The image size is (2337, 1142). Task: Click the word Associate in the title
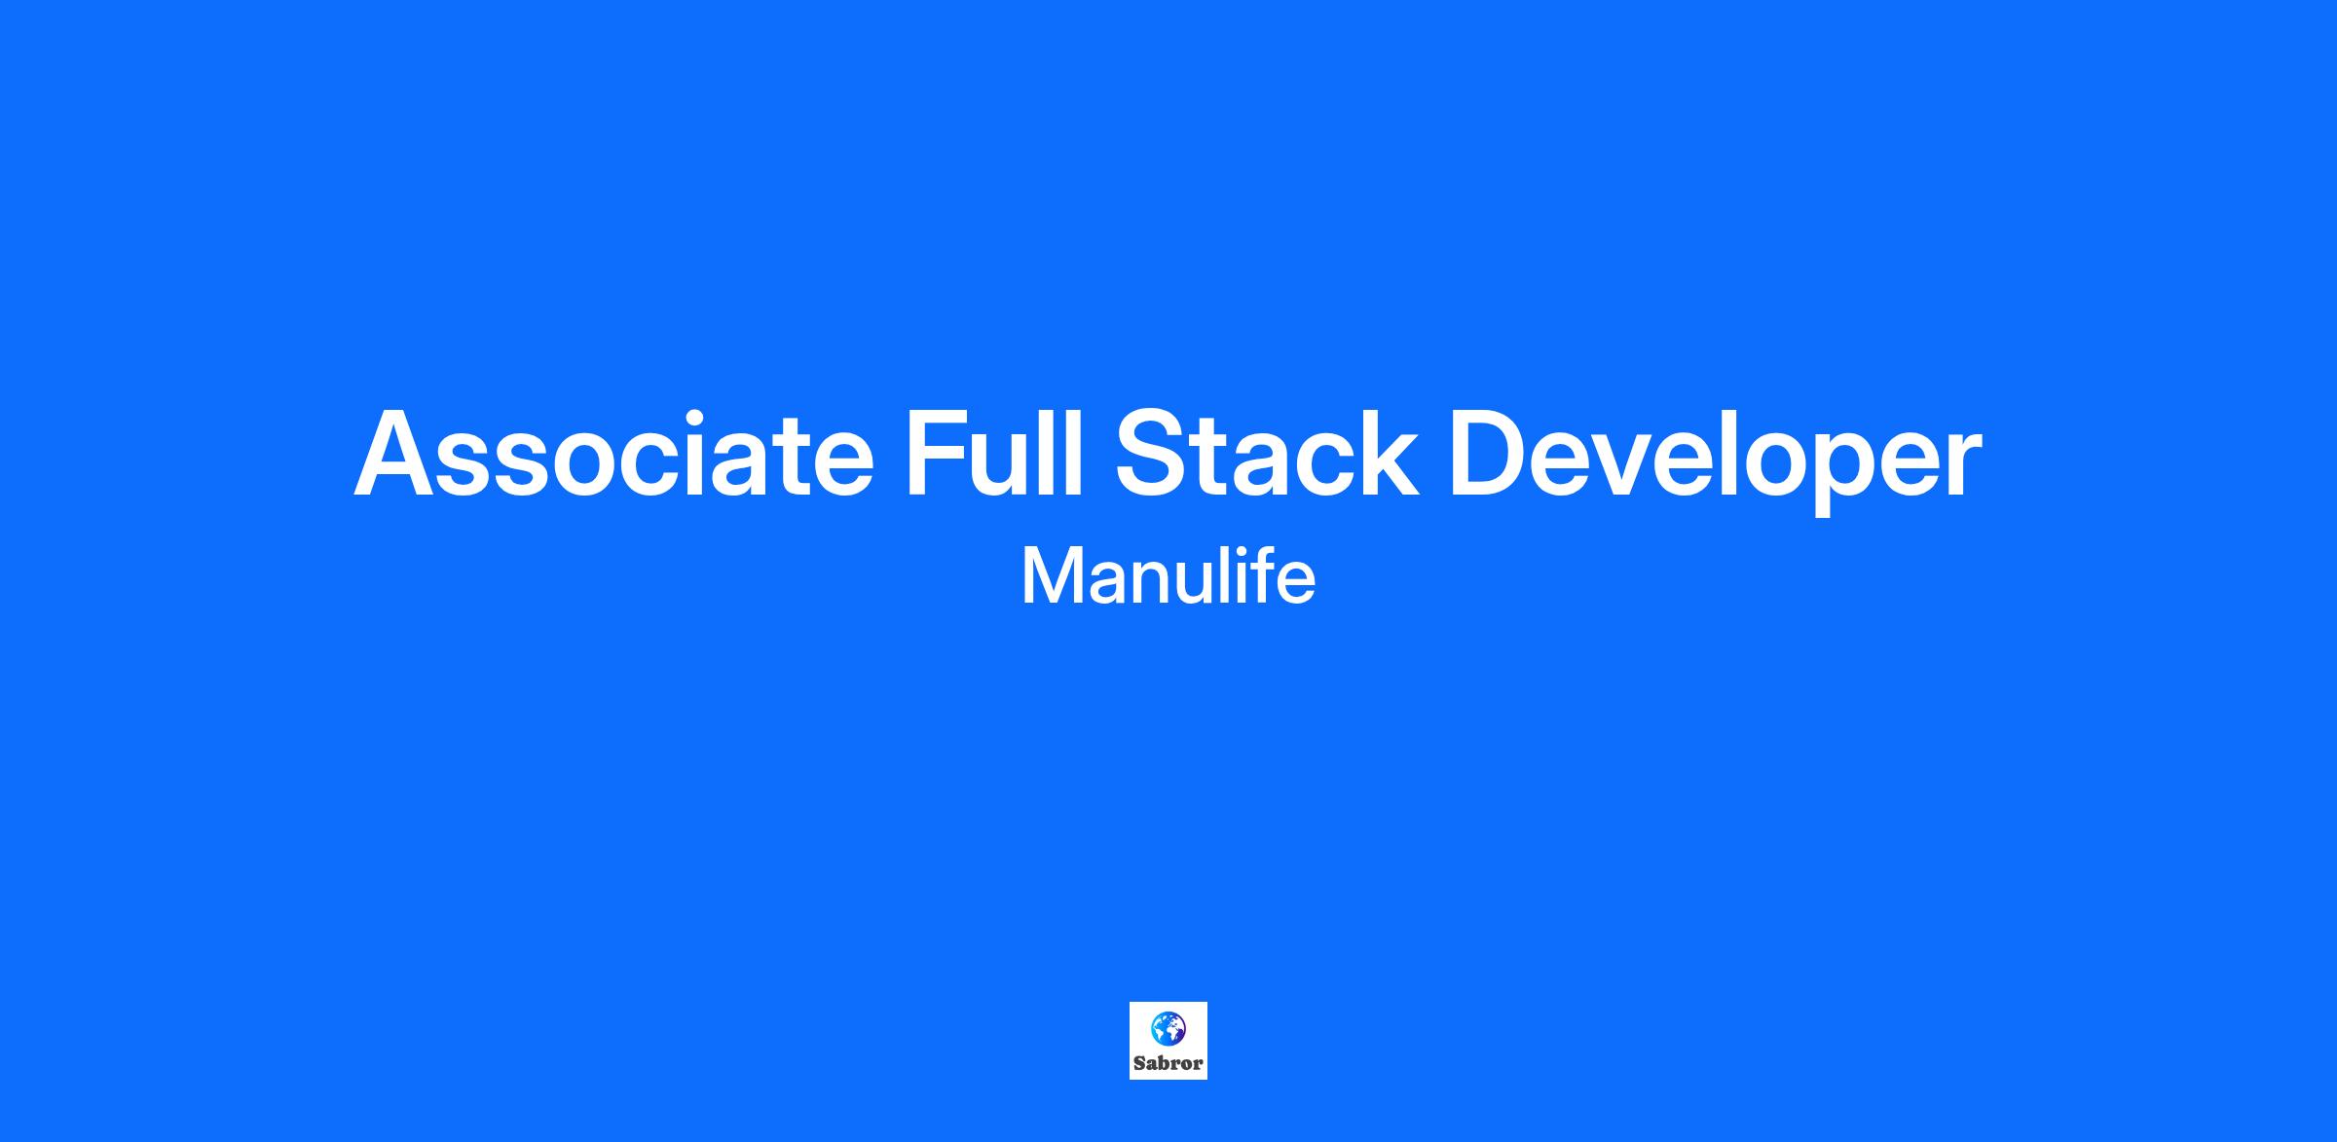[613, 455]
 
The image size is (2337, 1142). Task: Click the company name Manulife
[1168, 575]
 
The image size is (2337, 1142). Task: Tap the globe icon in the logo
[1168, 1028]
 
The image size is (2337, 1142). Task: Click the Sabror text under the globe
[1168, 1064]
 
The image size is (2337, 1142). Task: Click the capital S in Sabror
[1139, 1064]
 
